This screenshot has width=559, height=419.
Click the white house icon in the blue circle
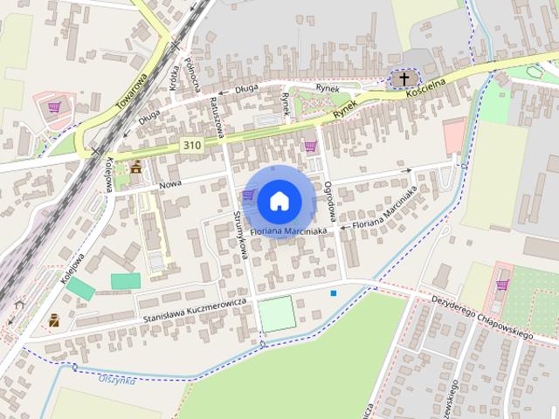pyautogui.click(x=279, y=200)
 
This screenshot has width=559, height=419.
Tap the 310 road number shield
pyautogui.click(x=193, y=143)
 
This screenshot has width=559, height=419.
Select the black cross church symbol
pyautogui.click(x=403, y=79)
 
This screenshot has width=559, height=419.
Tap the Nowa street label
pyautogui.click(x=169, y=186)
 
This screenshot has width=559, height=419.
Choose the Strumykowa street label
pyautogui.click(x=242, y=237)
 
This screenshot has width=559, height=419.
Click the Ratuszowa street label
pyautogui.click(x=217, y=118)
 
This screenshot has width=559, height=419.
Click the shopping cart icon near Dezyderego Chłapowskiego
pyautogui.click(x=502, y=285)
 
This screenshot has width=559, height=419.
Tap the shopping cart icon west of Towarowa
pyautogui.click(x=54, y=107)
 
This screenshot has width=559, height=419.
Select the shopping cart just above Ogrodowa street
pyautogui.click(x=310, y=146)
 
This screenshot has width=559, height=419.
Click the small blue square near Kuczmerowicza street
pyautogui.click(x=333, y=292)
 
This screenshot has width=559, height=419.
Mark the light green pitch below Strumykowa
pyautogui.click(x=278, y=314)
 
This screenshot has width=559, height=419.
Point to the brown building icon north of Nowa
pyautogui.click(x=135, y=166)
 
